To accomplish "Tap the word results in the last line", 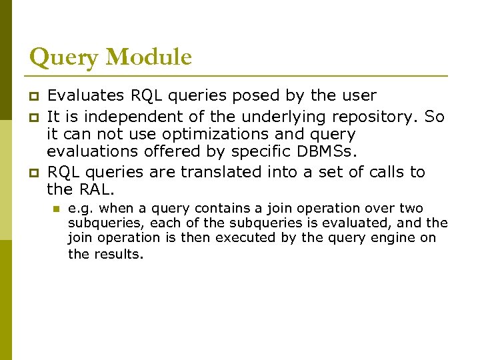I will click(x=118, y=254).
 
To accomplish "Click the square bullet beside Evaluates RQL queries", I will click(x=33, y=96).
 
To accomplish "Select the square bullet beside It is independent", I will click(x=33, y=117).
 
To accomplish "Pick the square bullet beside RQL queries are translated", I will click(x=33, y=172).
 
